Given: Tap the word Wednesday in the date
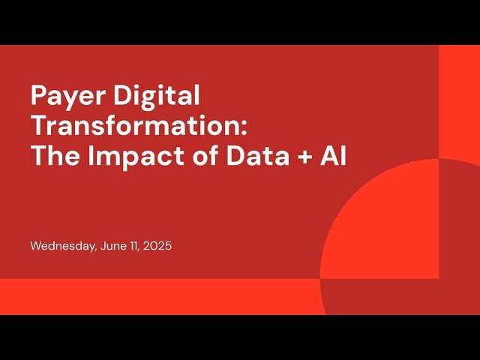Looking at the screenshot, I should click(x=62, y=246).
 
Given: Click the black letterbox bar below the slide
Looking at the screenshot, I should click(x=240, y=337).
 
